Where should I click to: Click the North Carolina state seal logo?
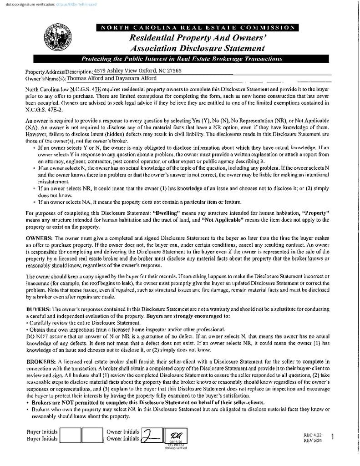[57, 39]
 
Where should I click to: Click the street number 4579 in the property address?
[100, 71]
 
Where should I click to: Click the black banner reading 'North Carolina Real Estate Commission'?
[198, 28]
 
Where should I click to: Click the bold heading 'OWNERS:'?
[39, 238]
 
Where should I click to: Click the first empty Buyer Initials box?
[71, 435]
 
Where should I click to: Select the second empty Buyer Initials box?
[92, 435]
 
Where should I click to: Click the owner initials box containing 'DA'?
[175, 436]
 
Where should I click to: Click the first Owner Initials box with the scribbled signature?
[152, 436]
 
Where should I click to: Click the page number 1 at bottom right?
[333, 437]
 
